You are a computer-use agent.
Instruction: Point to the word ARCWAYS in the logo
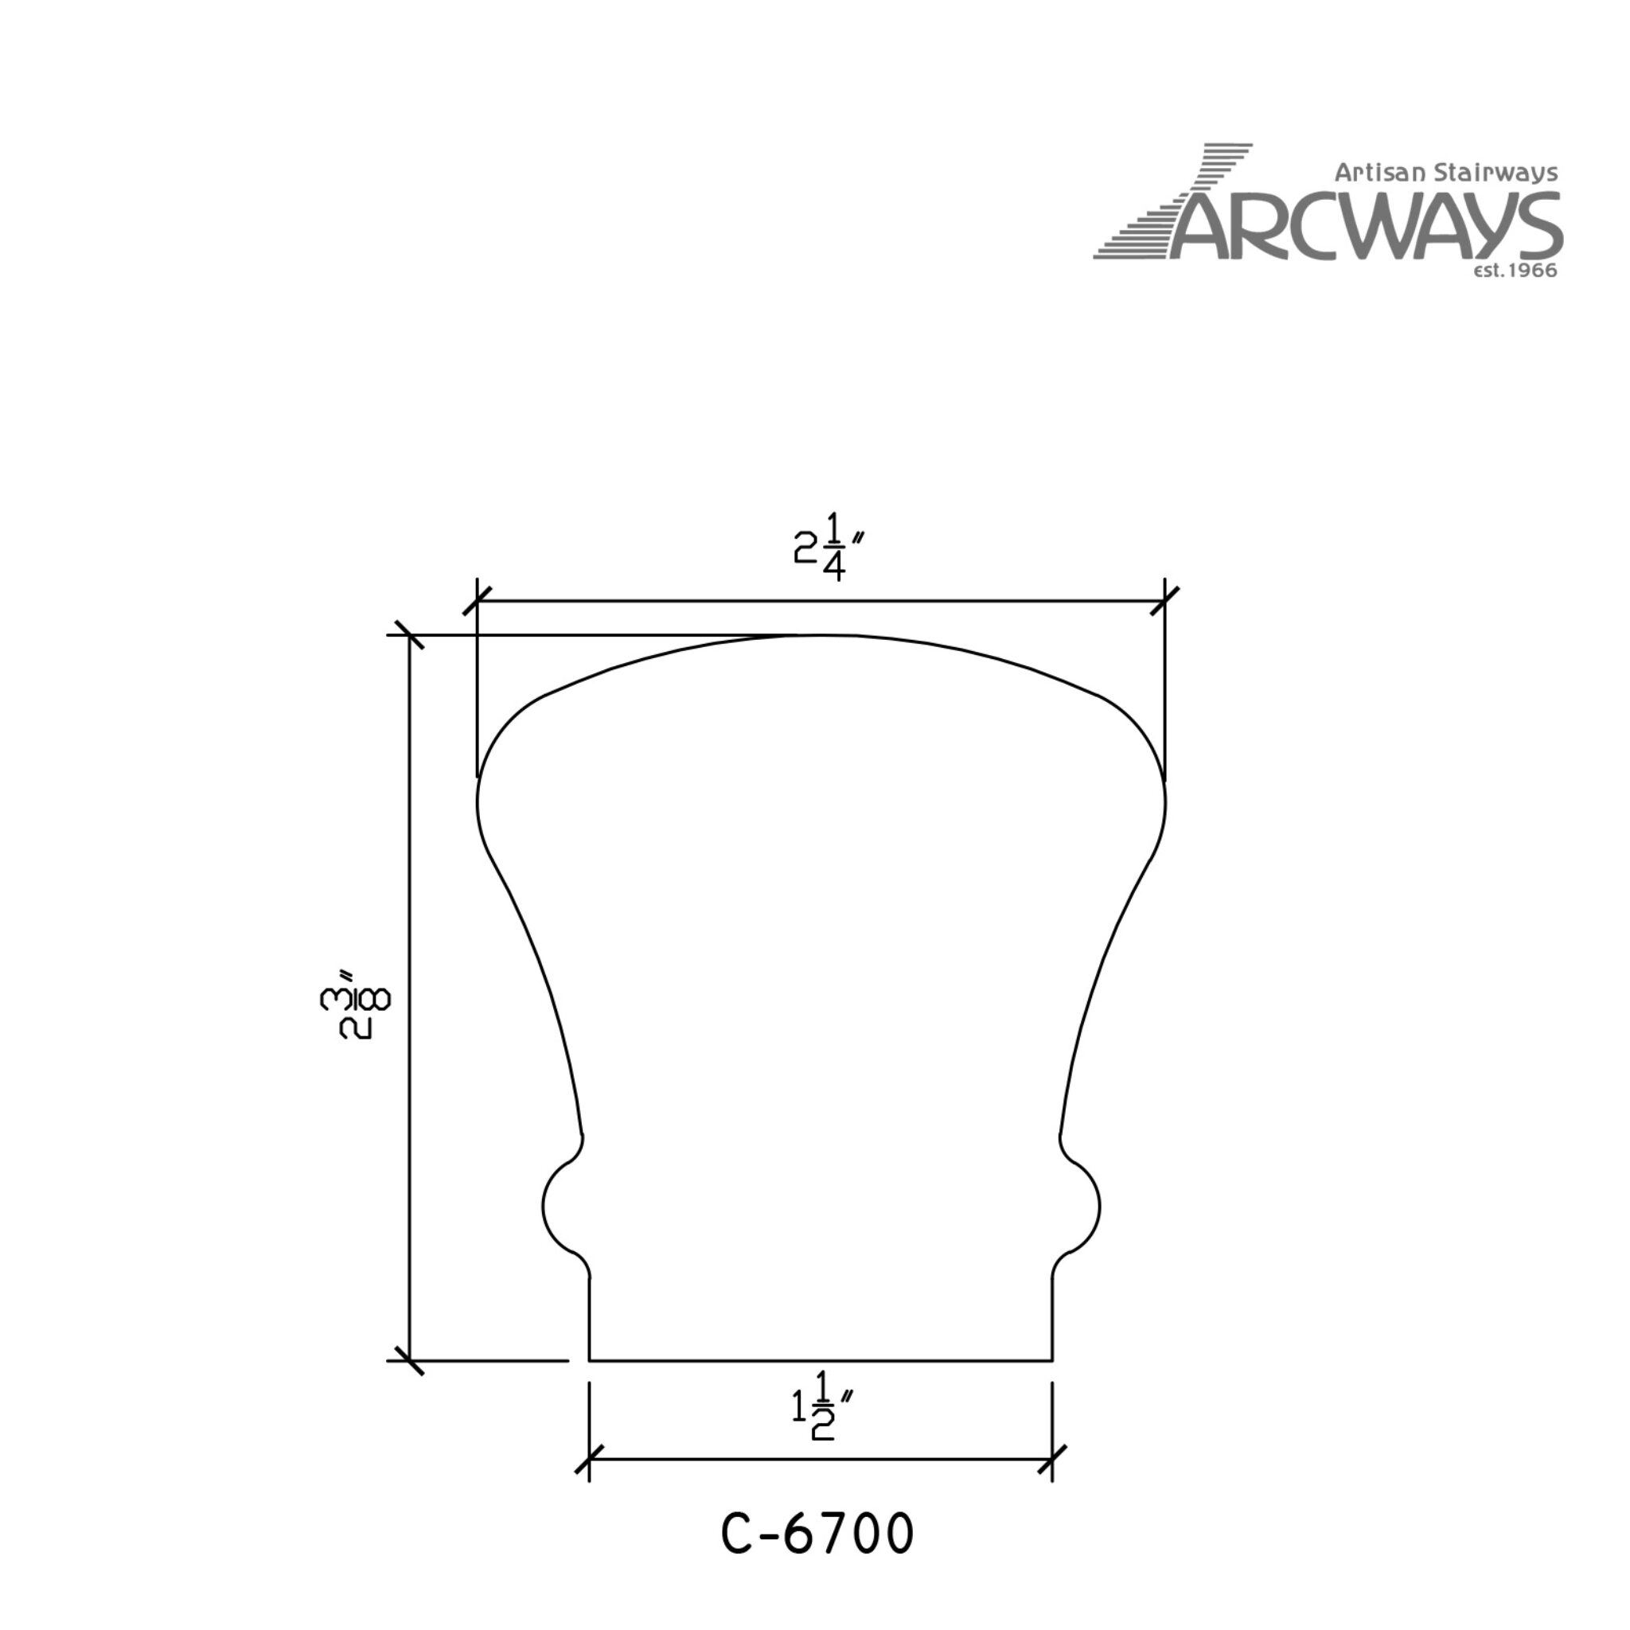(x=1365, y=225)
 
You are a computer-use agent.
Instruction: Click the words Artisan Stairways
(x=1445, y=173)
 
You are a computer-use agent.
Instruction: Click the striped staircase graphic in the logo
(x=1172, y=201)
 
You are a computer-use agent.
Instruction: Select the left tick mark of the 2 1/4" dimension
(x=478, y=602)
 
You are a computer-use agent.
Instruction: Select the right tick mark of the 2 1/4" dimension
(x=1165, y=602)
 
